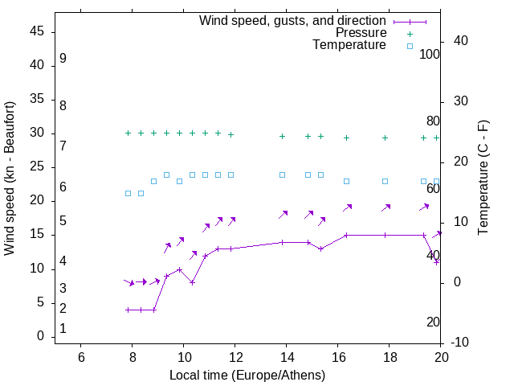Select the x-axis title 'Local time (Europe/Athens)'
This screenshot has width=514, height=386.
pos(247,376)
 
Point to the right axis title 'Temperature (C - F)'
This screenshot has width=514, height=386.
pos(483,179)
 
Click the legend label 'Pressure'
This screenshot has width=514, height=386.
pos(361,33)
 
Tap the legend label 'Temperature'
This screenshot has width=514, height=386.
pos(349,46)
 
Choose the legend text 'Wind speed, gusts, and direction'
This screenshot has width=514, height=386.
pos(293,21)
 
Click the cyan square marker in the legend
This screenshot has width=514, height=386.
pos(410,46)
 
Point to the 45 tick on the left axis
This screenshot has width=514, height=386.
pos(37,31)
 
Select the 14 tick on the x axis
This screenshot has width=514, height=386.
pos(287,357)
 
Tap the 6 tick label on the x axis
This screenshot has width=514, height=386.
pos(81,357)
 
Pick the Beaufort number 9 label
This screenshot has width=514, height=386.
pos(63,59)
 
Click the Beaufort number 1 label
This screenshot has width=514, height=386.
pos(63,329)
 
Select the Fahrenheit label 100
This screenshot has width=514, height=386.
pos(430,55)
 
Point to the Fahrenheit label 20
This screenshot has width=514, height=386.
pos(433,322)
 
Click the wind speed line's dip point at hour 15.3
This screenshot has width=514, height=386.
pos(320,248)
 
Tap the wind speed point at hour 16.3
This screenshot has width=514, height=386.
pos(346,235)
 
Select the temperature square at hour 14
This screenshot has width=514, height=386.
pos(282,175)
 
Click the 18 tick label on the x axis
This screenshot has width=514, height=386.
pos(390,357)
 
